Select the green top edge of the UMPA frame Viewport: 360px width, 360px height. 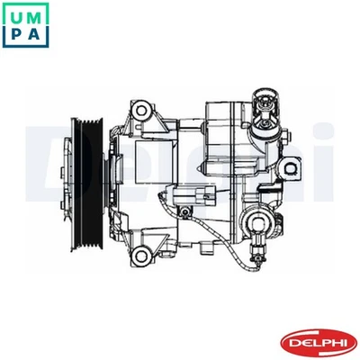[x=27, y=3]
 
